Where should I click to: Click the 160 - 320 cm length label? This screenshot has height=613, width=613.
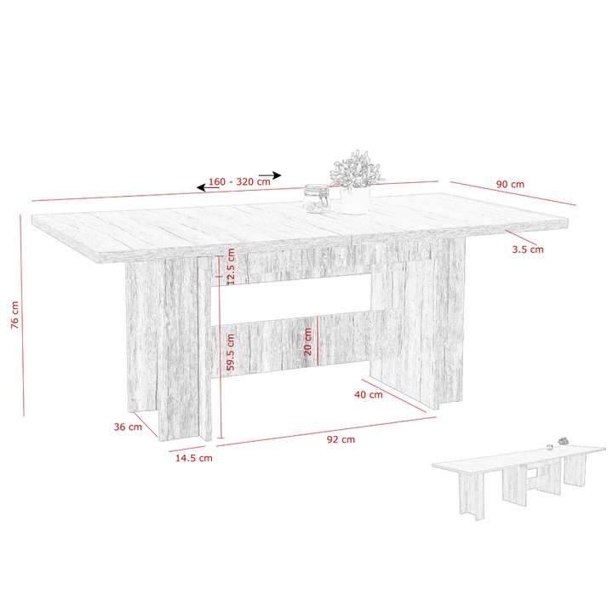(x=239, y=182)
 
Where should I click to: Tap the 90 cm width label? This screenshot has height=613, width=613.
(x=510, y=184)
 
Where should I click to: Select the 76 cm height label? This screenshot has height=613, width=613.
(x=14, y=315)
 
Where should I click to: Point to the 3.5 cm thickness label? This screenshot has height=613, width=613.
(x=528, y=249)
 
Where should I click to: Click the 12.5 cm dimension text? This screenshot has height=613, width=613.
(x=231, y=266)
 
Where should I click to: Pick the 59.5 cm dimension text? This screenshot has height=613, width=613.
(x=231, y=352)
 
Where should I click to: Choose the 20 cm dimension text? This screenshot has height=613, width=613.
(x=308, y=341)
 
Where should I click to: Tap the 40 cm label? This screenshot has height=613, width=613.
(x=369, y=395)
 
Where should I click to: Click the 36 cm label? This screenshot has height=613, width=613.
(x=128, y=427)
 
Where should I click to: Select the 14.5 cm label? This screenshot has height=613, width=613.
(x=193, y=458)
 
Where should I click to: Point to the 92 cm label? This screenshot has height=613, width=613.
(x=341, y=440)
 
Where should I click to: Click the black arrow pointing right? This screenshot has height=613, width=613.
(x=270, y=175)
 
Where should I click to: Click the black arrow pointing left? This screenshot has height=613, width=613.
(x=208, y=187)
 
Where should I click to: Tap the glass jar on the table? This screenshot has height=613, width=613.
(x=316, y=198)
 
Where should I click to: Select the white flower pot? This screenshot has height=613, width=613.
(x=355, y=200)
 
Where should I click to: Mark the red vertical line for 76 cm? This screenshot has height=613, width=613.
(x=22, y=316)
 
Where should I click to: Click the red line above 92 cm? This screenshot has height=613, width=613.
(x=326, y=431)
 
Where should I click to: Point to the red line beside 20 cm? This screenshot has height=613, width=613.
(x=318, y=341)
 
